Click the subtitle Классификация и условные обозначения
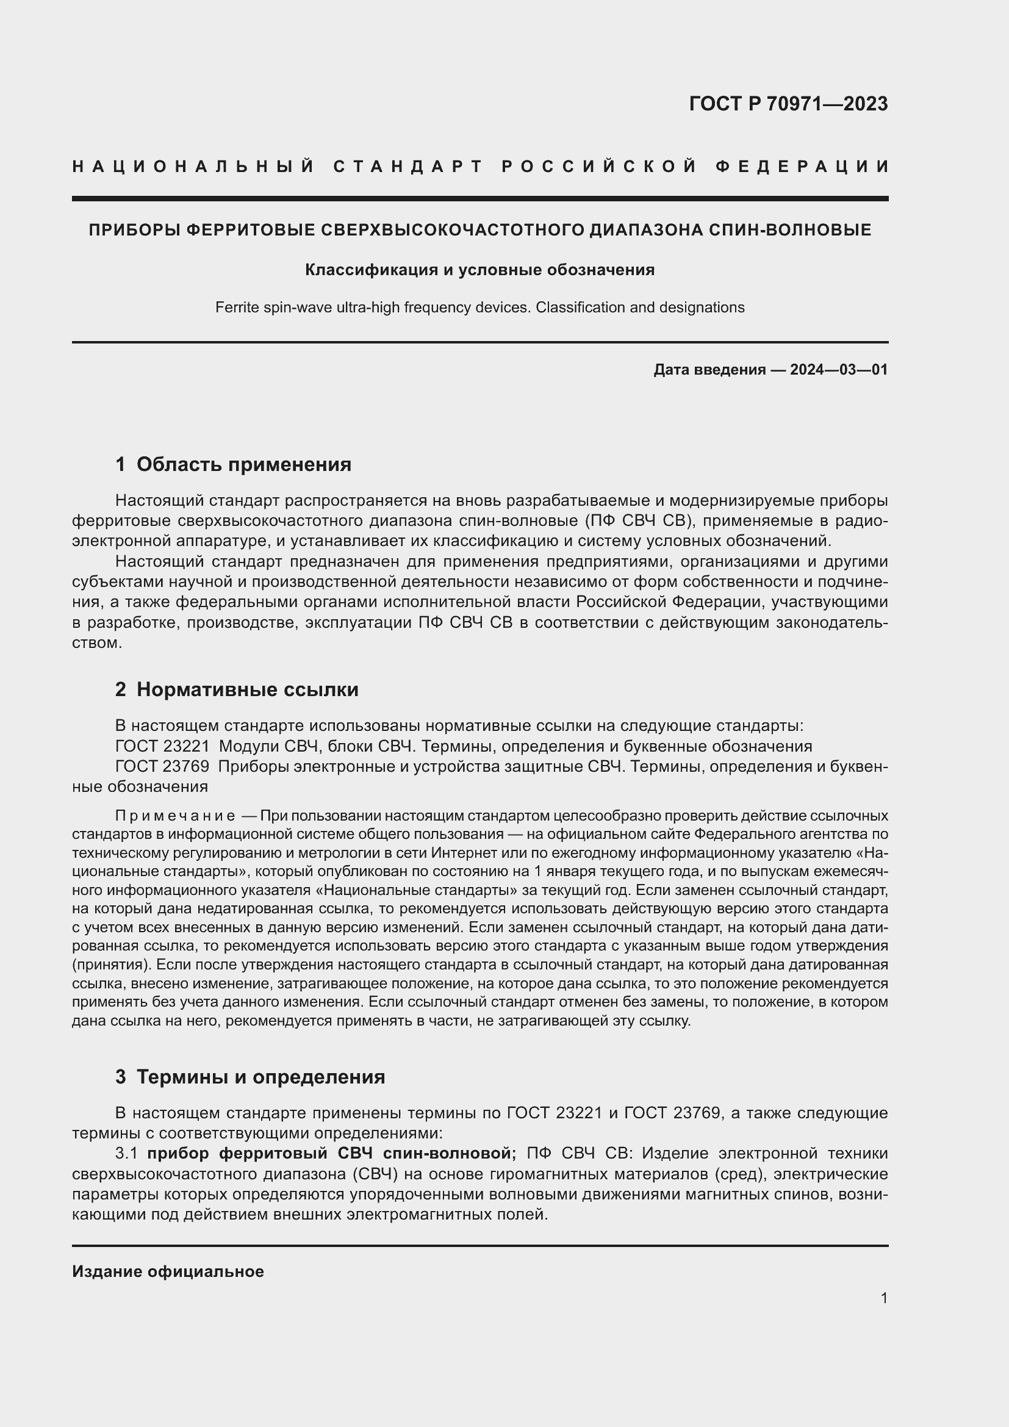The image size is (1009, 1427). click(479, 270)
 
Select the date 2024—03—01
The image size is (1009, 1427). click(838, 370)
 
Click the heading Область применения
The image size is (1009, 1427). click(243, 464)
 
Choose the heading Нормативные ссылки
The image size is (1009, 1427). click(247, 689)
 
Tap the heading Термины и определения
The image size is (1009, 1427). click(260, 1076)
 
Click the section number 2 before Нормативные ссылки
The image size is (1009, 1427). click(121, 689)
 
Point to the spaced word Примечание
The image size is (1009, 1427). click(175, 816)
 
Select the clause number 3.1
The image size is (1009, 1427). click(126, 1154)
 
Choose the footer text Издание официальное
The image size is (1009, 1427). click(168, 1271)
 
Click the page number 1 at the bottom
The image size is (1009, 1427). click(883, 1298)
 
